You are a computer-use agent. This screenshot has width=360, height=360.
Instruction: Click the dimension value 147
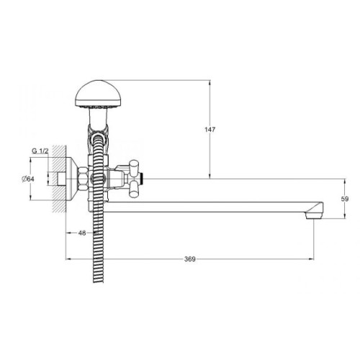[210, 130]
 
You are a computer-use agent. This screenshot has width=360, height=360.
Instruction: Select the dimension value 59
[345, 199]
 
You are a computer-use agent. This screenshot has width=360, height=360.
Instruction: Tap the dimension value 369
[190, 259]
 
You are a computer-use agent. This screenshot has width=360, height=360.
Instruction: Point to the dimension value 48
[82, 233]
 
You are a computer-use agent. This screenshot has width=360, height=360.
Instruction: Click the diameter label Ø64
[28, 179]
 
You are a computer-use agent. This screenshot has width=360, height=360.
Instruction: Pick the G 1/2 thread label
[40, 151]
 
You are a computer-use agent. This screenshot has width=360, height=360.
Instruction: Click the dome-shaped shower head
[99, 94]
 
